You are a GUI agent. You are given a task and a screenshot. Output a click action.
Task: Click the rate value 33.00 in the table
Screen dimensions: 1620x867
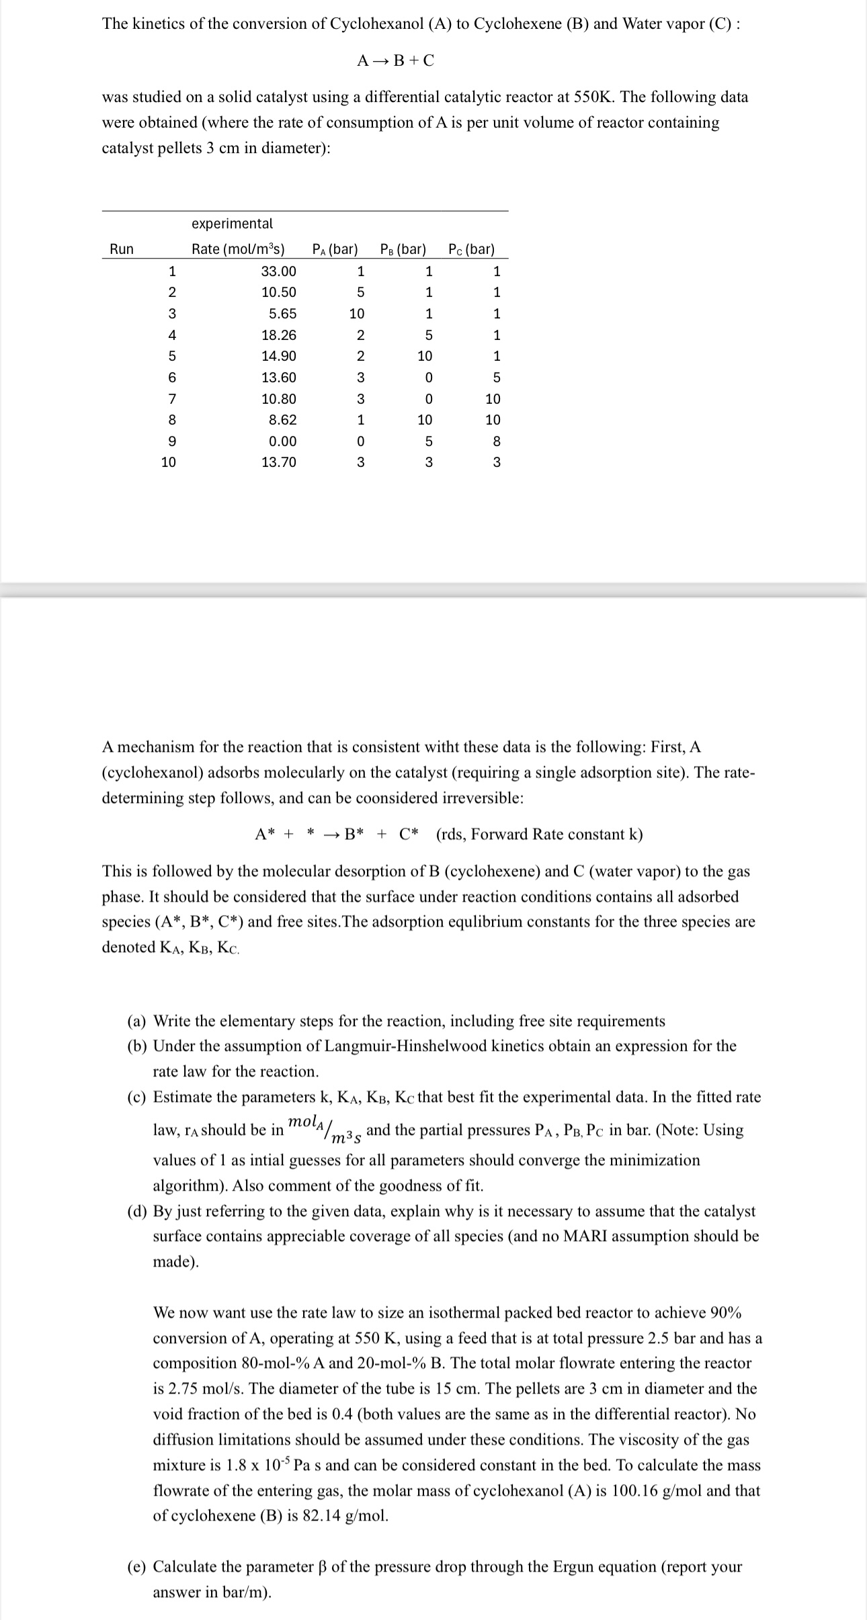278,271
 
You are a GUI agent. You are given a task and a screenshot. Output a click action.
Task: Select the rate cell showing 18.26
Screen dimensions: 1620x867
278,335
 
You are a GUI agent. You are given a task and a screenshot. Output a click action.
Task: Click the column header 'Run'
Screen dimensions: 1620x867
122,249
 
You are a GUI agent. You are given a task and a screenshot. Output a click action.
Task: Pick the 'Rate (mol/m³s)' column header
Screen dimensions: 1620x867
238,249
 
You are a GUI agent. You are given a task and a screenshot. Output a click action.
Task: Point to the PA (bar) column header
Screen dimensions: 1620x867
335,249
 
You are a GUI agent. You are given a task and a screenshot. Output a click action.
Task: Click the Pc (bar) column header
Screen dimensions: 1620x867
471,249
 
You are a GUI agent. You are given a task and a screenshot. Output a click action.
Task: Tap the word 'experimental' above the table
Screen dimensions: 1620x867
232,223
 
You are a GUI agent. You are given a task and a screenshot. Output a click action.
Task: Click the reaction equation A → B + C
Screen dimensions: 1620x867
395,60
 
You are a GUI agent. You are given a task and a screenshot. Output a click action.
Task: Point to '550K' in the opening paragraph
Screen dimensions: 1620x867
594,97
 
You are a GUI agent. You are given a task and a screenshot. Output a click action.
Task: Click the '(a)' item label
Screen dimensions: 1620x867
138,1021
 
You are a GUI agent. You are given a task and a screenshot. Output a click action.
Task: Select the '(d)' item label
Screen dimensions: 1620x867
138,1211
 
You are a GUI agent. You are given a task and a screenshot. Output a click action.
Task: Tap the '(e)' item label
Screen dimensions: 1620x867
138,1567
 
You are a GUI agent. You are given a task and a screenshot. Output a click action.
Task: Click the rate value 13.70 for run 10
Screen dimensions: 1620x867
278,462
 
